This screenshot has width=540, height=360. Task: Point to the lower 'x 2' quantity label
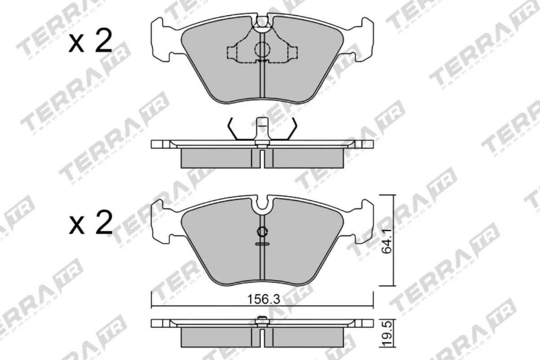click(90, 224)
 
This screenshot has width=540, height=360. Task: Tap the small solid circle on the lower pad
click(261, 232)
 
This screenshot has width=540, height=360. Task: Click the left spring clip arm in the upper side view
click(232, 129)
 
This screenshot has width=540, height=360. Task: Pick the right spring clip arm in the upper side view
click(291, 129)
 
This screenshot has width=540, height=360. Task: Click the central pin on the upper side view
click(261, 128)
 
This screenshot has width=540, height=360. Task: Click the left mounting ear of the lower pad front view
click(162, 220)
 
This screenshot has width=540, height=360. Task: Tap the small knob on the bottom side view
click(261, 320)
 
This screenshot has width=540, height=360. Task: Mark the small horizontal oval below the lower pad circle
click(261, 243)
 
